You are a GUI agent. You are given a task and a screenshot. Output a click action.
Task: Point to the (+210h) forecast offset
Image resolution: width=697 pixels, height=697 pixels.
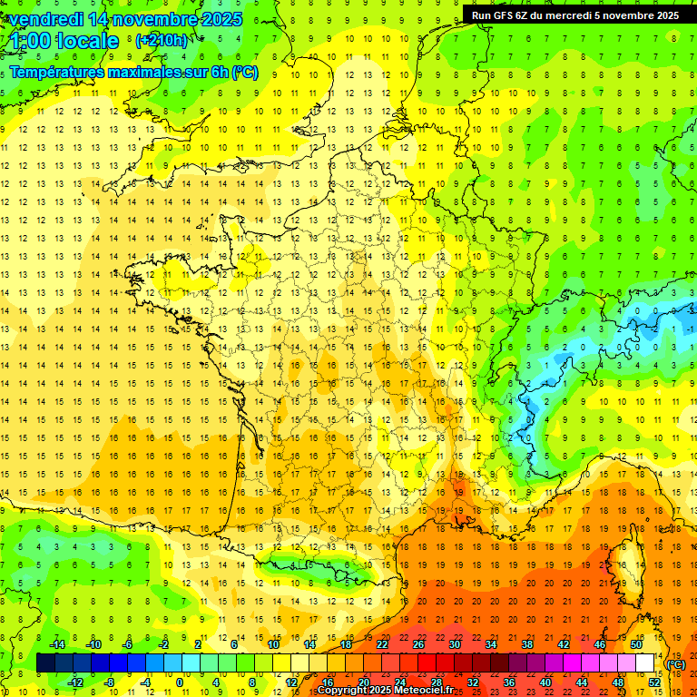[162, 41]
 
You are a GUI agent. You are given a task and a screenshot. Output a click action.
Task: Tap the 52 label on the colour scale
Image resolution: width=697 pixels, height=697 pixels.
[654, 682]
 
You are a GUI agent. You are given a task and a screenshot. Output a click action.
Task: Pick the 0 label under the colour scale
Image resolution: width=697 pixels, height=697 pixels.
[180, 682]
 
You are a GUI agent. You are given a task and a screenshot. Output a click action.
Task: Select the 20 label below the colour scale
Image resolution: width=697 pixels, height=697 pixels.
[363, 682]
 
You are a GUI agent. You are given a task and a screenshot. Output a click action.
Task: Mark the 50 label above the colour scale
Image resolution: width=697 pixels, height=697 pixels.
[635, 644]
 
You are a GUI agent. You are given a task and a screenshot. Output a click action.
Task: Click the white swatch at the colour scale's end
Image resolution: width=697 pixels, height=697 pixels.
[645, 663]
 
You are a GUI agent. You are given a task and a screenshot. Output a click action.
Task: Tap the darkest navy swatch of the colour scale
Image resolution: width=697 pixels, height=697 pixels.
[45, 663]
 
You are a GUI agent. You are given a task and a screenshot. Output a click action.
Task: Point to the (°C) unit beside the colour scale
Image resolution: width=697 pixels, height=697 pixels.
[675, 663]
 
